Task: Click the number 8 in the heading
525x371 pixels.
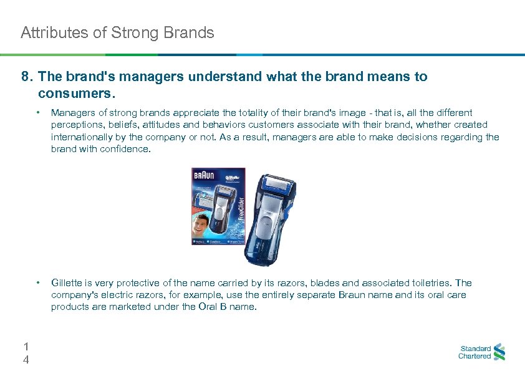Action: tap(26, 77)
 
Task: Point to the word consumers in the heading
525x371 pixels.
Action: tap(76, 94)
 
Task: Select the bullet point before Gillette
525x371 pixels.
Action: tap(39, 283)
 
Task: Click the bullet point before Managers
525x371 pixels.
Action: tap(39, 113)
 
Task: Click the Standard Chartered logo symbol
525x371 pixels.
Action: tap(499, 353)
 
